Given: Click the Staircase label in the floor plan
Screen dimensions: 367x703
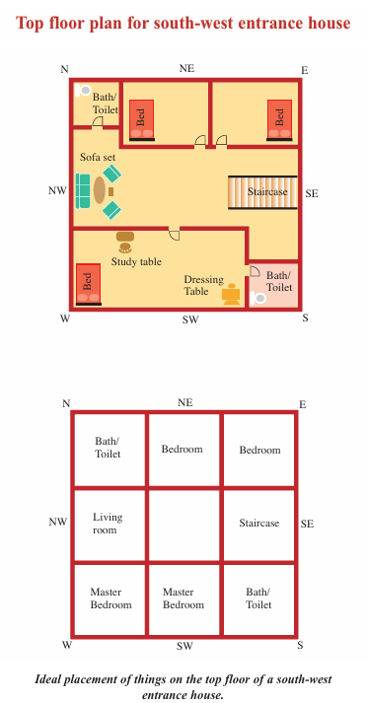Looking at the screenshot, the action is (x=267, y=192).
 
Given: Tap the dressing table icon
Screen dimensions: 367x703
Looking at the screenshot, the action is (x=231, y=294).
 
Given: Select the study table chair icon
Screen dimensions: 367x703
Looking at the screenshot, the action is (x=125, y=247).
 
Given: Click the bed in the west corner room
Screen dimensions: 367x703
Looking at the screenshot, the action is (x=88, y=284).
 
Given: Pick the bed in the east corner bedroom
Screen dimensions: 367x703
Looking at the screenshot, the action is (x=279, y=120).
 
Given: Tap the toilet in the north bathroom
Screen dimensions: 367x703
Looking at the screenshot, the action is (x=83, y=90).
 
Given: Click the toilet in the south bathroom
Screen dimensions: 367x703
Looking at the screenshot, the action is (x=257, y=298).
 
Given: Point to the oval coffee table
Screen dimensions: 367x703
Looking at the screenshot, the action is (x=100, y=190).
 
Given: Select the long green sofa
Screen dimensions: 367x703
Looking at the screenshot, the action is (x=83, y=191).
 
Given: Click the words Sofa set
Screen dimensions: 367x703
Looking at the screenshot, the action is (x=98, y=158).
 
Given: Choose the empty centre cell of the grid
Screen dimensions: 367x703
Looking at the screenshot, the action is (x=183, y=525).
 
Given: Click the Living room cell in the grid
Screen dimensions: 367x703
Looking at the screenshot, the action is (x=110, y=525).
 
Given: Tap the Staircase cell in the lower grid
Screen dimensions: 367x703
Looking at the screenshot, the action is (x=259, y=525).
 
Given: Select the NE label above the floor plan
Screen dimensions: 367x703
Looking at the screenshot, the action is (x=186, y=69).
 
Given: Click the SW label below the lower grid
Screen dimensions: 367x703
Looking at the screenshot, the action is (x=184, y=646).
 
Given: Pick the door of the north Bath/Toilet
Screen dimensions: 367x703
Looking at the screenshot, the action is (x=98, y=122).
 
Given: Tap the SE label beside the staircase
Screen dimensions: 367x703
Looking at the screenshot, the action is (x=312, y=193).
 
